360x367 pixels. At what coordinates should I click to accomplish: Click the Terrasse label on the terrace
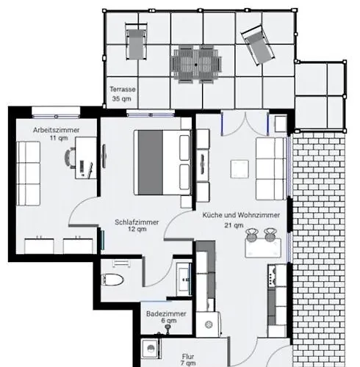[x=123, y=90]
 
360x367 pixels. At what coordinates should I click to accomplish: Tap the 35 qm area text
[x=121, y=99]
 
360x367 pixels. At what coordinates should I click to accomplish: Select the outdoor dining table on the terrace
[x=196, y=65]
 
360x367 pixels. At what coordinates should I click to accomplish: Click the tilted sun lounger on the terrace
[x=258, y=45]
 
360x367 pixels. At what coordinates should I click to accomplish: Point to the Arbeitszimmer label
[x=57, y=130]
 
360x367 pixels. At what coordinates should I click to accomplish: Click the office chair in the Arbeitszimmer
[x=70, y=158]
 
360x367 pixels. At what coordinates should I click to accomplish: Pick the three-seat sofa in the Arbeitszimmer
[x=28, y=173]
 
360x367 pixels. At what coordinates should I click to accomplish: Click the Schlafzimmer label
[x=137, y=222]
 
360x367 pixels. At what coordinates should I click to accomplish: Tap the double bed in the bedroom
[x=162, y=162]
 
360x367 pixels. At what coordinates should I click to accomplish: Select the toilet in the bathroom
[x=112, y=280]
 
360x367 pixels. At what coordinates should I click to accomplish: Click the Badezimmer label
[x=166, y=313]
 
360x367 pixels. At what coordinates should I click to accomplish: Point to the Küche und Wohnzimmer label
[x=241, y=215]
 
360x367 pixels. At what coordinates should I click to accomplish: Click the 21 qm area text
[x=234, y=225]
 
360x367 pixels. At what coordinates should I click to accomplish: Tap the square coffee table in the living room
[x=240, y=169]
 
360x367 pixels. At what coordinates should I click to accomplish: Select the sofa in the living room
[x=271, y=169]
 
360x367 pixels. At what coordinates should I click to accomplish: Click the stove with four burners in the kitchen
[x=273, y=276]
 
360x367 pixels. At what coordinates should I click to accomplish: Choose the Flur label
[x=188, y=357]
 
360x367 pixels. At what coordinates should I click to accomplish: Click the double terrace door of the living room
[x=245, y=123]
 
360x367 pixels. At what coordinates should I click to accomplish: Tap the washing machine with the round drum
[x=209, y=324]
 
